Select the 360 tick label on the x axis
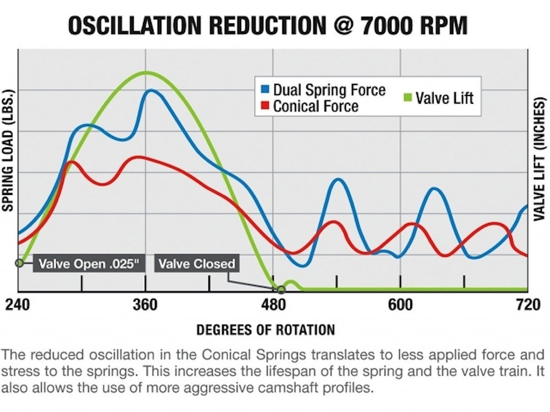pos(145,305)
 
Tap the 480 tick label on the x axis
pos(274,305)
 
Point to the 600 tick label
pos(401,305)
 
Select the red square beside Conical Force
pos(265,106)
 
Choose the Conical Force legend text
pos(315,106)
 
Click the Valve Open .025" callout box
pos(85,264)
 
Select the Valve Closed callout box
pos(197,264)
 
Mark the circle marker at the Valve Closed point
pos(281,289)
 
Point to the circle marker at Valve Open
pos(19,263)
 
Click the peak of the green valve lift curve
pos(146,72)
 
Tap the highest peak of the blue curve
pos(150,91)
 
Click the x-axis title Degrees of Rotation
pos(265,329)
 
